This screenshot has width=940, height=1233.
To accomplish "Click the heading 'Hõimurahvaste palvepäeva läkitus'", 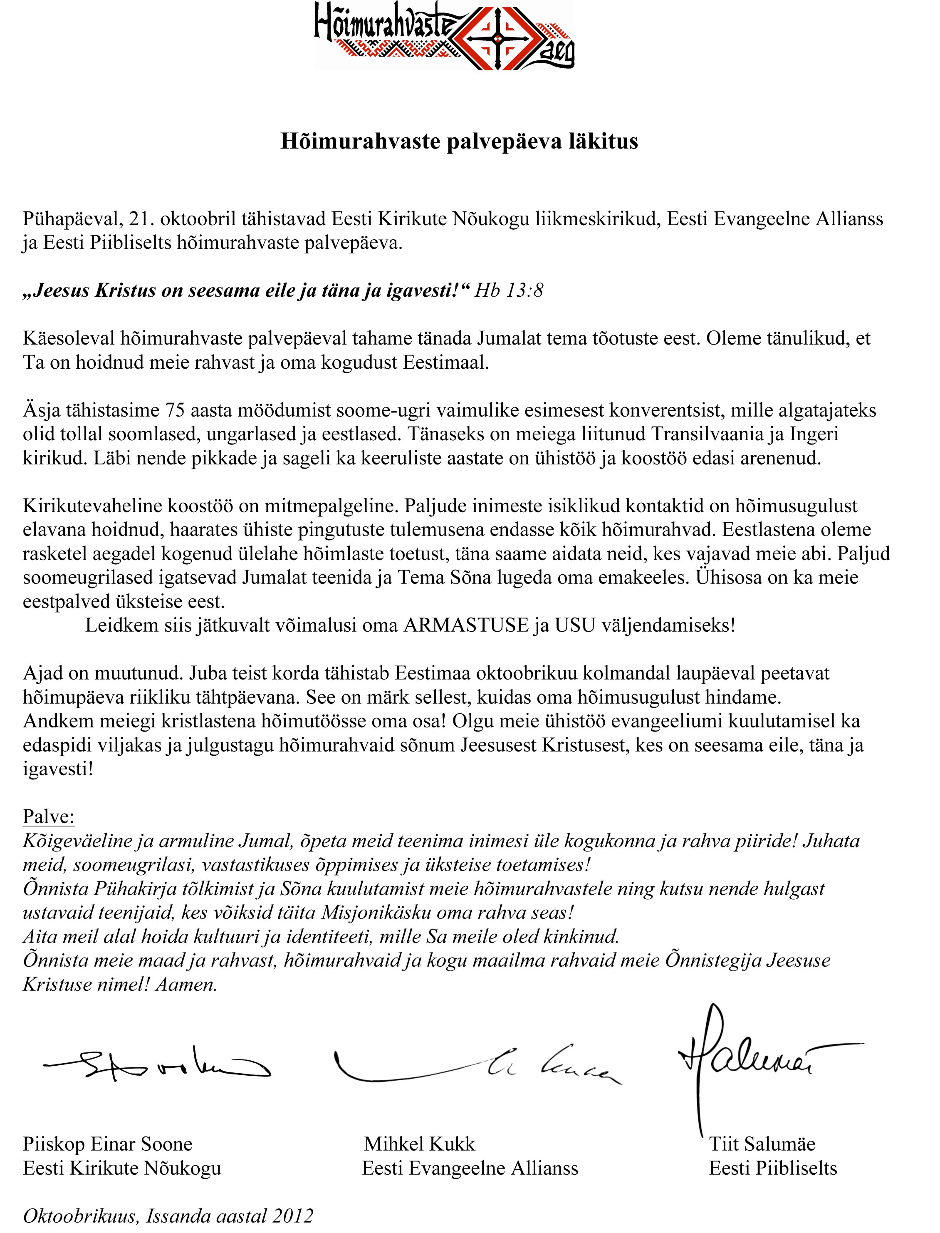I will (x=459, y=141).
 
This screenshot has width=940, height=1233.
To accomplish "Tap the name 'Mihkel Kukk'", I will (x=420, y=1144).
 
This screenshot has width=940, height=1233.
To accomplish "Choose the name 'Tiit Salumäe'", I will (x=762, y=1144).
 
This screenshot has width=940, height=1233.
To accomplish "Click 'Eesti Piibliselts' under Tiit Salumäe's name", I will (x=773, y=1168).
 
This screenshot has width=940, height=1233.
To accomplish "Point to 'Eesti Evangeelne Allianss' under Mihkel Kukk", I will (x=470, y=1168).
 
